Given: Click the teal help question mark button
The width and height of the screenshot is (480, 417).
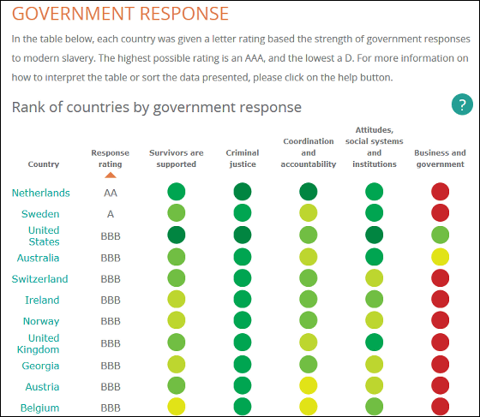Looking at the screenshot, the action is pos(462,104).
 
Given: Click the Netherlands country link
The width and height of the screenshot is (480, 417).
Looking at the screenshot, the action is pos(41,193).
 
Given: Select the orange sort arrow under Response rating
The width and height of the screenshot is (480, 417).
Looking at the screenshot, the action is pos(111,175).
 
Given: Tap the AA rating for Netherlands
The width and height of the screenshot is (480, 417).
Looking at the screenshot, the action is pos(111,193).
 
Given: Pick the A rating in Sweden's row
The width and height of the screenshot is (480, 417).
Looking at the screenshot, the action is pos(111,214).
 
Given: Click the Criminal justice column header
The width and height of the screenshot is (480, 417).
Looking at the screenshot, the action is pos(243,158).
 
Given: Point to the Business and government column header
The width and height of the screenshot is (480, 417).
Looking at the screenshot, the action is pos(441,158).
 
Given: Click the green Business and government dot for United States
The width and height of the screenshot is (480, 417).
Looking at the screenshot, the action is pos(441,235).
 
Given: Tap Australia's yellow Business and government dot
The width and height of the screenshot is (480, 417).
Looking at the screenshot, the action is pos(441,257).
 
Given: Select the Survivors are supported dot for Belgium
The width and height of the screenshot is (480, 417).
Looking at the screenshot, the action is pos(177,407).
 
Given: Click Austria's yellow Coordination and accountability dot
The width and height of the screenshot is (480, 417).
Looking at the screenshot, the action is pos(309,385).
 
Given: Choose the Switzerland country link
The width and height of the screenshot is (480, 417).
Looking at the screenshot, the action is pos(39,279).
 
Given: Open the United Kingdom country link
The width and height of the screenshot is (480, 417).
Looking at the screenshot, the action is pos(38,343).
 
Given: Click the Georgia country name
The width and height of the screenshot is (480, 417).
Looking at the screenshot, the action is pos(40,366).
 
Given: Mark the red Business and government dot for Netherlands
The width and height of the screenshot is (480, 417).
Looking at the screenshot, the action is pos(441,192).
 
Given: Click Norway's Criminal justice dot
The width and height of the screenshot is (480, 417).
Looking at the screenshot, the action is pos(243,320).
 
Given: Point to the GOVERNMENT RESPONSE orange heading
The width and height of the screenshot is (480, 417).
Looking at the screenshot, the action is pos(120,14).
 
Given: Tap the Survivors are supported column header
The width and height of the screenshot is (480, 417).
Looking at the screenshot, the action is pos(177,158).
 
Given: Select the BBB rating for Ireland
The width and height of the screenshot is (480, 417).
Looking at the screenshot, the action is pos(111,301).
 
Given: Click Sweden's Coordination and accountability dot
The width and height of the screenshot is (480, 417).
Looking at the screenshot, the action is pos(309,212).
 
